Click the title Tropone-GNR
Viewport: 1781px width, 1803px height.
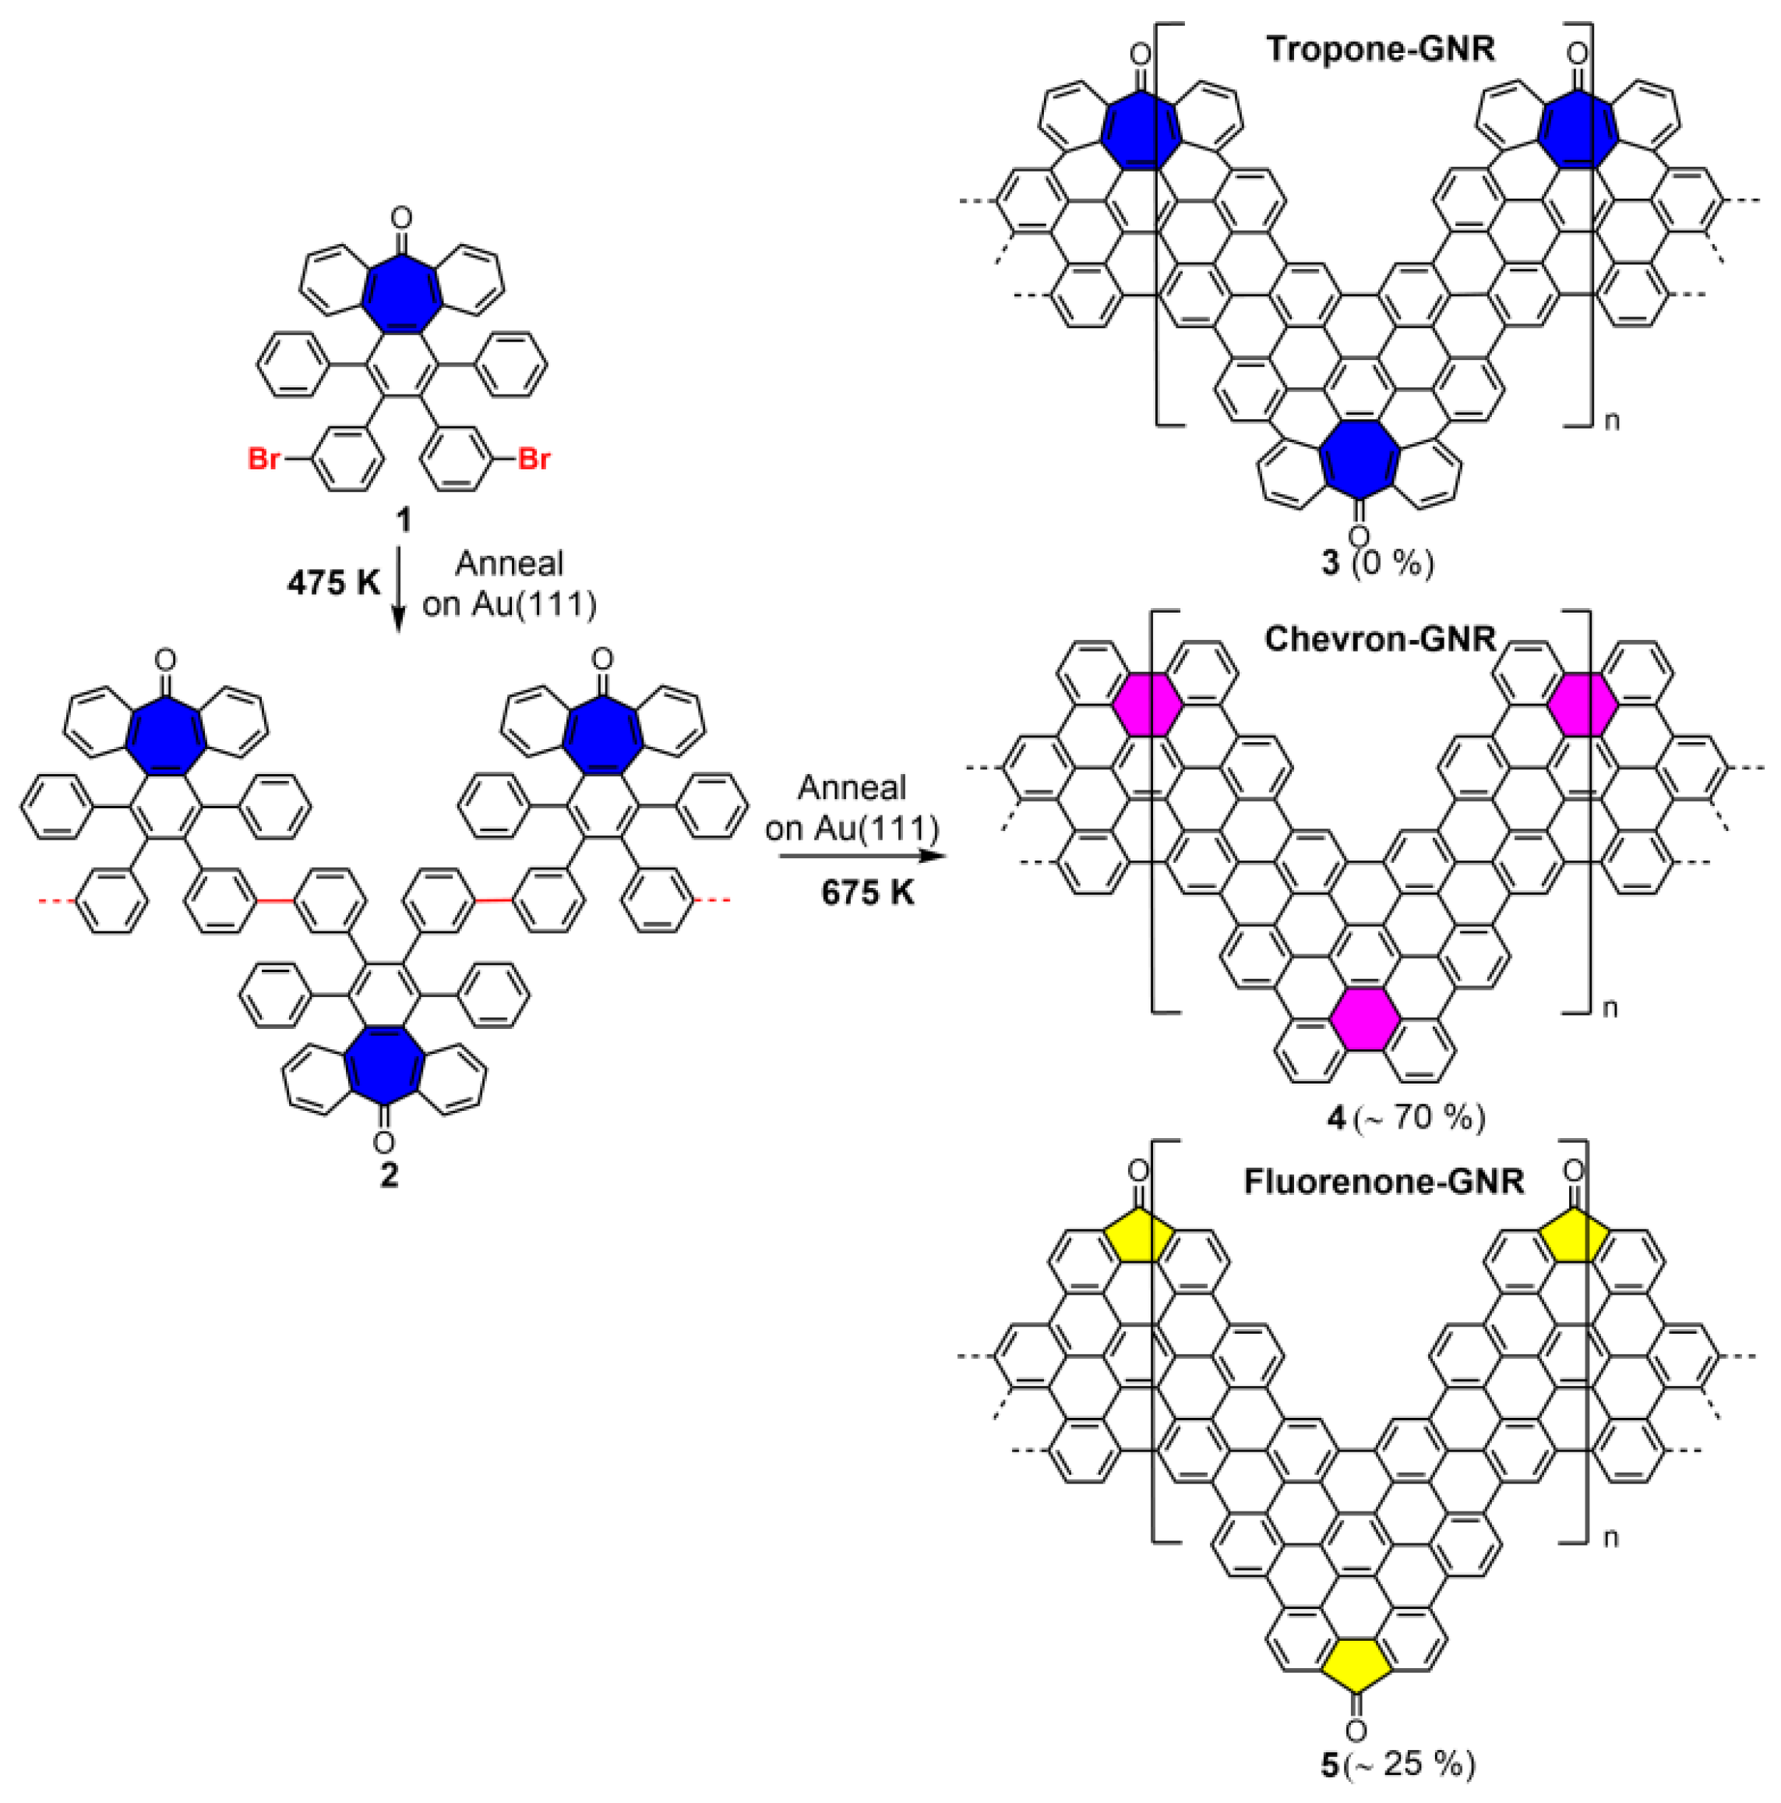(x=1379, y=48)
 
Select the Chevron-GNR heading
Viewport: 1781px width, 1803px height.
(x=1379, y=639)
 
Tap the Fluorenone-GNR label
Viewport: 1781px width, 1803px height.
(x=1383, y=1182)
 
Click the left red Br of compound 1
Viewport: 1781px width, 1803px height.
(x=264, y=459)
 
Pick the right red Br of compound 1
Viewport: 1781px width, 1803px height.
(x=534, y=459)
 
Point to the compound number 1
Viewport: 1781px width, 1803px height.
(x=403, y=520)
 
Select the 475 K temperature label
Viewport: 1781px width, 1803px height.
(x=333, y=583)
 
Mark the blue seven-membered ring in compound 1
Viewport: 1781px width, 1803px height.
(x=401, y=290)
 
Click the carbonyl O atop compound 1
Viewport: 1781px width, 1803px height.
(x=401, y=219)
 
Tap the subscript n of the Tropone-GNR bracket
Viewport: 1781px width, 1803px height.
(x=1611, y=421)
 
